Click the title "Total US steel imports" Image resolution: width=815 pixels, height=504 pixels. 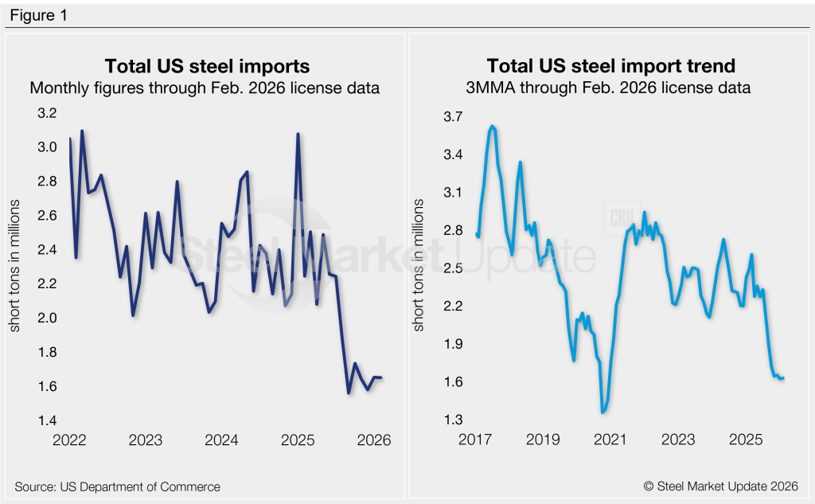(208, 65)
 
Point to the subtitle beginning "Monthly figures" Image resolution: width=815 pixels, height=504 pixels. (205, 88)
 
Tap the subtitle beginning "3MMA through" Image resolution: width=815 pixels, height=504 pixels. (609, 88)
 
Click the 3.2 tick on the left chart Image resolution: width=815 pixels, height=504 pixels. (47, 114)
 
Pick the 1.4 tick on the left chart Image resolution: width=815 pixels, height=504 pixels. (47, 420)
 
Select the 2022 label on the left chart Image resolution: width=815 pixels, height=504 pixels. (69, 440)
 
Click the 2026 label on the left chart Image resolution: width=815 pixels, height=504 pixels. (373, 440)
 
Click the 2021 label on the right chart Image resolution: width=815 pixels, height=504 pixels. (609, 440)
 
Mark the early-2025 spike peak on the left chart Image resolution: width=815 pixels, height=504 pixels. (298, 134)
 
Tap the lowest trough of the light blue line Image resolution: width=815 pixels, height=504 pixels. (602, 412)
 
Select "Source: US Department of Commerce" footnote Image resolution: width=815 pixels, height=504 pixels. (117, 486)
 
